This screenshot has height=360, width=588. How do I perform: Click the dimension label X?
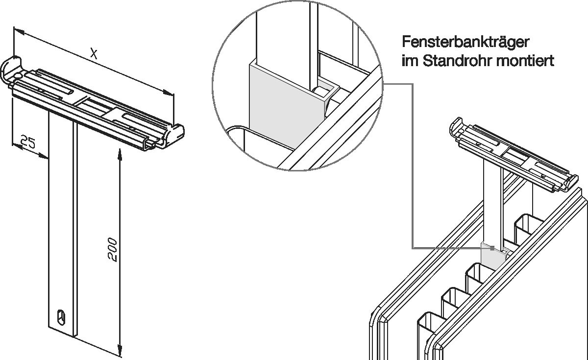tap(94, 54)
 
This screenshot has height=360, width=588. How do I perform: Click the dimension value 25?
tap(28, 142)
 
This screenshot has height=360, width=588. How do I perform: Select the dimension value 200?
tap(112, 249)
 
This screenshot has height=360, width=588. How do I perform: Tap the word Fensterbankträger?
tap(465, 43)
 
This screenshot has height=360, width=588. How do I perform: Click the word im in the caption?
tap(410, 61)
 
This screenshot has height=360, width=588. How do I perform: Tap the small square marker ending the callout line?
tap(492, 248)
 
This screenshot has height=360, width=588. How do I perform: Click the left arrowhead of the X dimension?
tap(19, 31)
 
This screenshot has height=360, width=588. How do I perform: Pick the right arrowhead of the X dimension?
tap(168, 93)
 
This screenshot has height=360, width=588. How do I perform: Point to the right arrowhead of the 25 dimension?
tap(43, 156)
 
